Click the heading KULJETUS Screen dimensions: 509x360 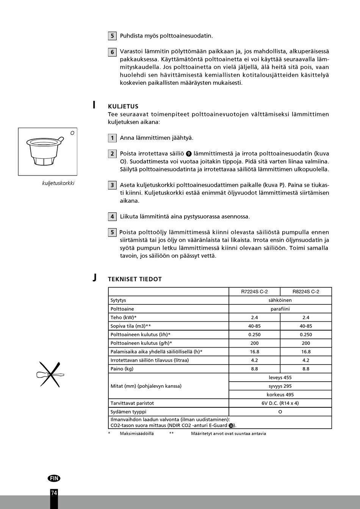click(x=123, y=106)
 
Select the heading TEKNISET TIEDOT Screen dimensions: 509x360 click(x=135, y=279)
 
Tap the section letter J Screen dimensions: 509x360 click(x=94, y=278)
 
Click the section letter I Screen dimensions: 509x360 click(x=94, y=105)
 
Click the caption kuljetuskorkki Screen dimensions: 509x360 click(x=58, y=183)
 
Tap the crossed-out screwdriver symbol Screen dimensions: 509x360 click(x=50, y=374)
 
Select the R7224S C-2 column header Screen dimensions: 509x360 click(x=254, y=291)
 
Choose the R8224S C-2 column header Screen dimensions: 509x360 click(x=306, y=291)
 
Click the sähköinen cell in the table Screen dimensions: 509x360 click(x=280, y=300)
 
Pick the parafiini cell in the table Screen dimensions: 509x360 click(x=280, y=309)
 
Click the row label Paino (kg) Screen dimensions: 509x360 click(x=122, y=369)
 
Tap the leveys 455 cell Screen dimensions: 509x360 click(x=280, y=377)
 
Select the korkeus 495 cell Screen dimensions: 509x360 click(x=280, y=395)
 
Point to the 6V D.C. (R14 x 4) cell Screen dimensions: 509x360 click(x=280, y=403)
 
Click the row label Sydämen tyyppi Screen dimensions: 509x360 click(x=128, y=412)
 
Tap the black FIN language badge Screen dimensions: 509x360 click(x=54, y=478)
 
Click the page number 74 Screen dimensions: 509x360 click(x=54, y=493)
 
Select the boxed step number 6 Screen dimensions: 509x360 click(x=112, y=52)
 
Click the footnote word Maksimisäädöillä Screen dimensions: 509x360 click(x=137, y=434)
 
